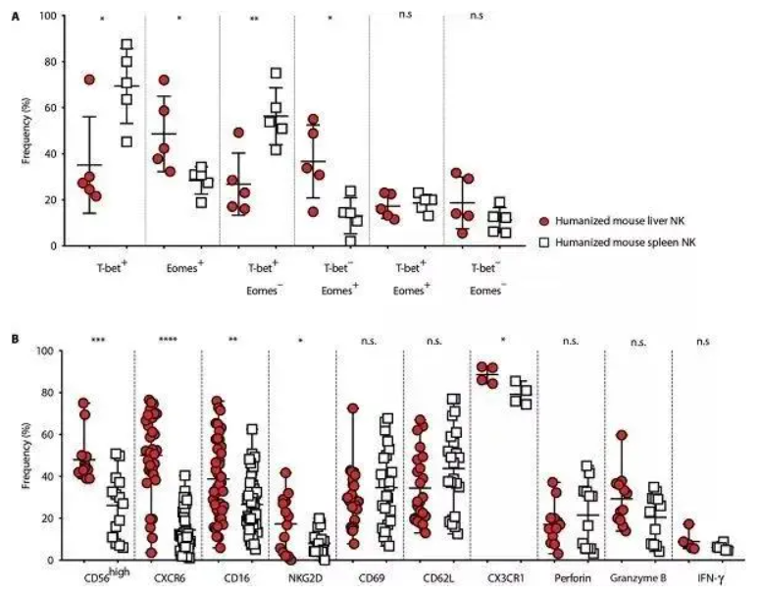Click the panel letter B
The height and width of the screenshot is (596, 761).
click(x=13, y=338)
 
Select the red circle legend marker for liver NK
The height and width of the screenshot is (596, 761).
click(x=544, y=223)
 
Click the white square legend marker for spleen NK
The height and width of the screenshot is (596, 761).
click(x=544, y=243)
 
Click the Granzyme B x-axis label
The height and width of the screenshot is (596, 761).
click(x=638, y=578)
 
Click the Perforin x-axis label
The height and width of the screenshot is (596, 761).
click(x=570, y=578)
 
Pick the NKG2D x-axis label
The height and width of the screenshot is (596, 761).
click(x=301, y=578)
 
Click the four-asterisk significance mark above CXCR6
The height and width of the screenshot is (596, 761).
click(x=168, y=342)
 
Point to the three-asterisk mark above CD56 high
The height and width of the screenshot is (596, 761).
click(x=98, y=342)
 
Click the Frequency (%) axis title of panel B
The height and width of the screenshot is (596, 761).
click(x=28, y=455)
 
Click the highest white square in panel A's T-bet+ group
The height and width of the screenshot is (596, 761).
click(x=127, y=45)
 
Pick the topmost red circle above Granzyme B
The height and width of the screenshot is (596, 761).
click(x=622, y=435)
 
